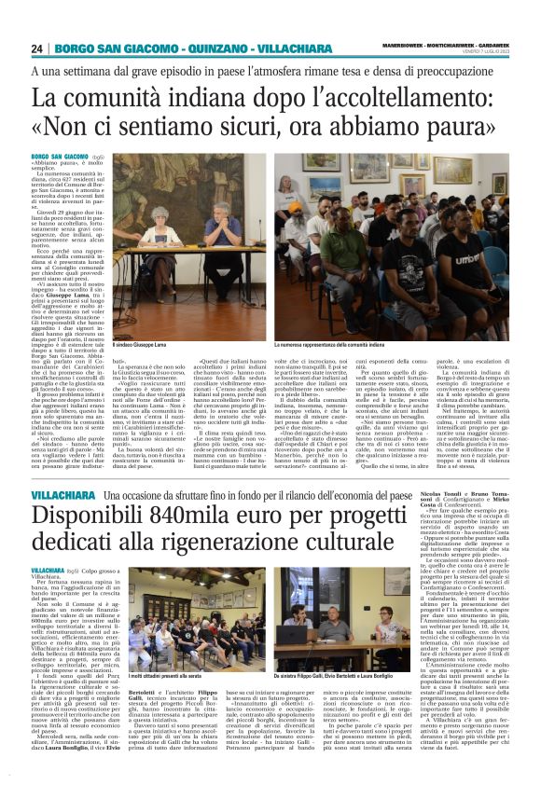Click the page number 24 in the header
pyautogui.click(x=36, y=48)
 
